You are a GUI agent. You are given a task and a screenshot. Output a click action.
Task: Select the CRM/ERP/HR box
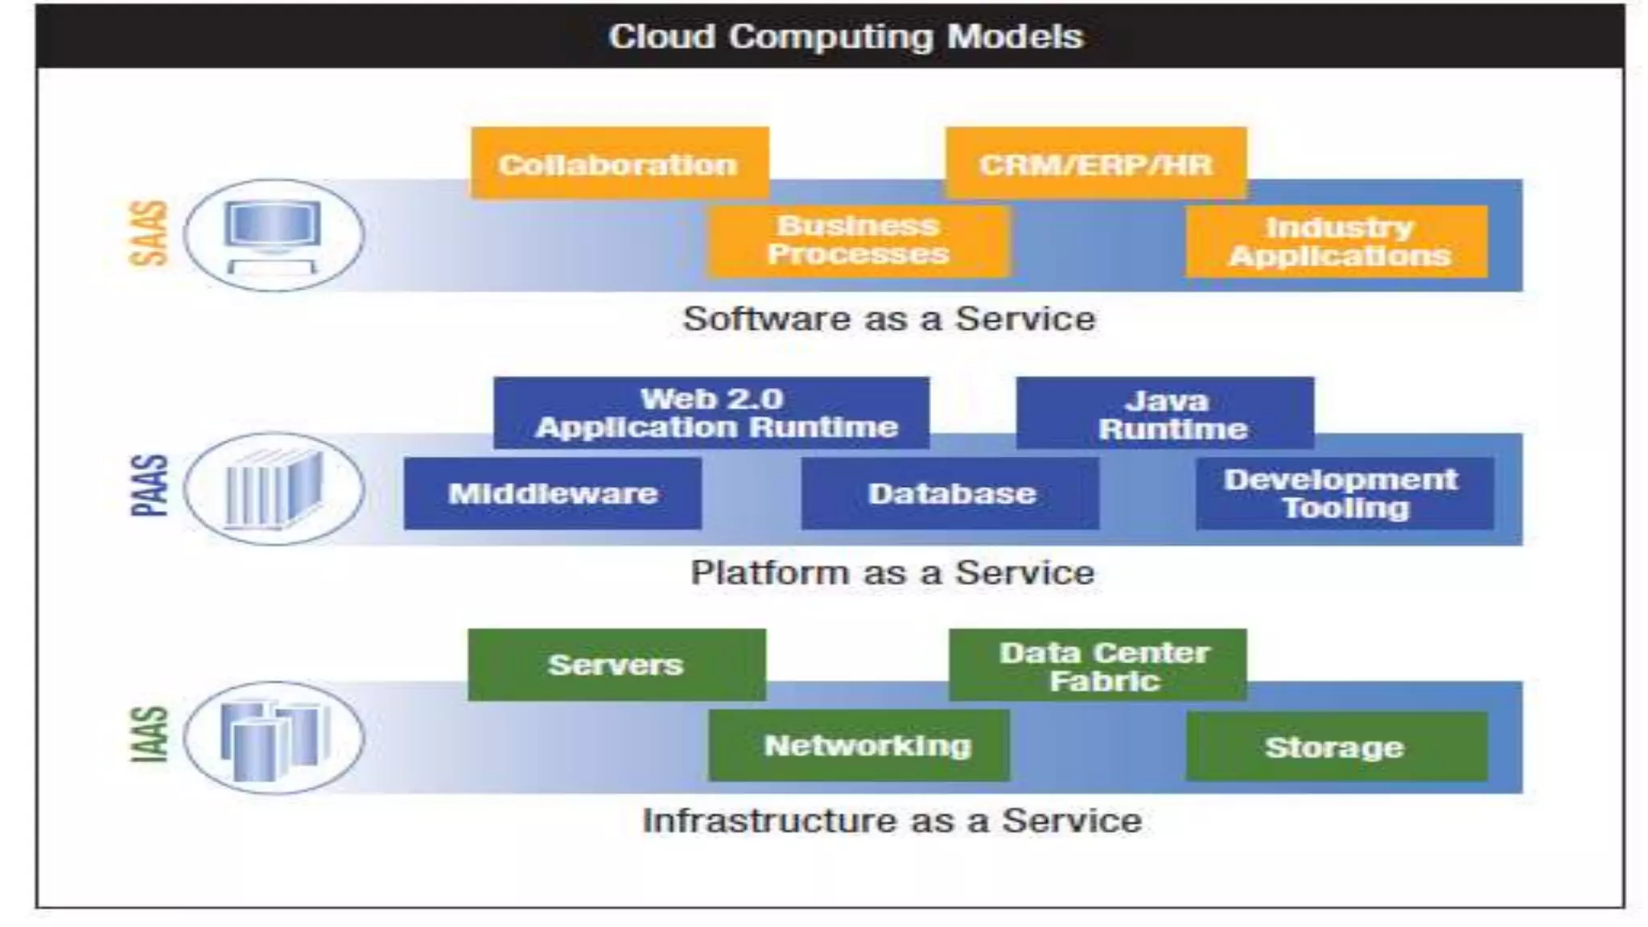tap(1096, 163)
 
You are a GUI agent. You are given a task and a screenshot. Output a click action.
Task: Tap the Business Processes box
tap(859, 241)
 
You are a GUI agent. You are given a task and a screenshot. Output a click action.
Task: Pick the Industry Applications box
tap(1337, 241)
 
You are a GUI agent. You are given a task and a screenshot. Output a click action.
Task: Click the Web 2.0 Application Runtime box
tap(711, 413)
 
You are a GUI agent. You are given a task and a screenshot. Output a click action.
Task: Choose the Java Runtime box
tap(1165, 414)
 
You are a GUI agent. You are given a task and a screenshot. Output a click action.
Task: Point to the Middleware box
tap(552, 493)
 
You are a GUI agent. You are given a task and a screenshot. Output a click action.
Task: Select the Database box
tap(950, 493)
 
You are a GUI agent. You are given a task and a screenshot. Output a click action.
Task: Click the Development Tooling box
tap(1344, 493)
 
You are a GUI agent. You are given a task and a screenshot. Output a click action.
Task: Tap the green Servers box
tap(616, 665)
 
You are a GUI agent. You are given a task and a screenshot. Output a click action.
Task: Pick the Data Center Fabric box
tap(1098, 665)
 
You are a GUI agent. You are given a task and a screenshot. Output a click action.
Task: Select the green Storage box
tap(1337, 747)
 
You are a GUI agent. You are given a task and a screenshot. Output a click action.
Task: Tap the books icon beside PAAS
tap(274, 489)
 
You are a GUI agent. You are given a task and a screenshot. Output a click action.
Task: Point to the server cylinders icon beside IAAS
tap(274, 738)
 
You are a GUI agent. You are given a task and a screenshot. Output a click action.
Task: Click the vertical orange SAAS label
tap(150, 233)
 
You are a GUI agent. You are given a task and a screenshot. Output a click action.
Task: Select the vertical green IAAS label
tap(150, 734)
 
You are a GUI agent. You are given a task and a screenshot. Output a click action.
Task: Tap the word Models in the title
tap(1015, 37)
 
